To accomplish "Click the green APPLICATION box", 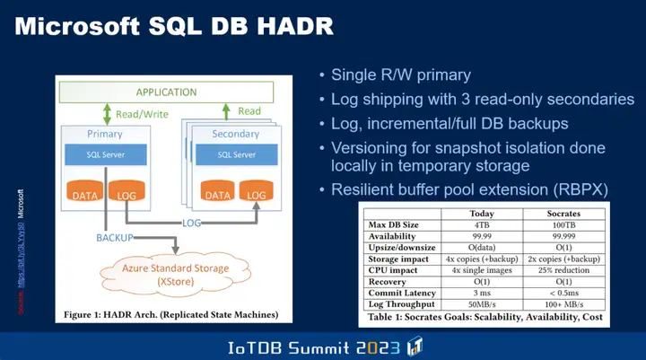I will coord(166,92).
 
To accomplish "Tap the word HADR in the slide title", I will coord(284,25).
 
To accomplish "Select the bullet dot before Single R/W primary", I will coord(322,75).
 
